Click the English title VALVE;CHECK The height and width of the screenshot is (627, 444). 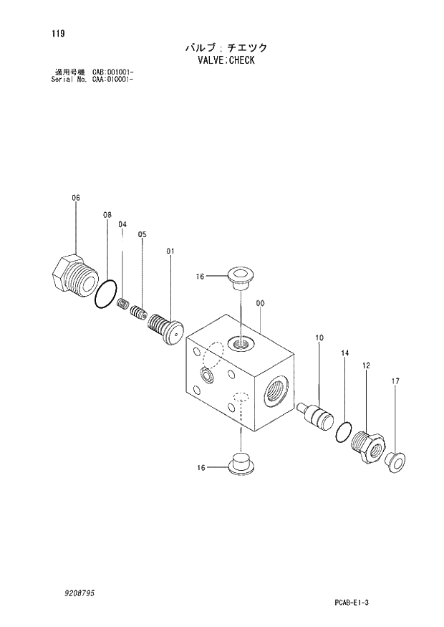tap(224, 60)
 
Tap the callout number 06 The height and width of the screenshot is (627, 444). tap(76, 197)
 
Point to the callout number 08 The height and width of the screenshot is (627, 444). tap(107, 214)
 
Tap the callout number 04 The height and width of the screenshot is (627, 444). tap(122, 224)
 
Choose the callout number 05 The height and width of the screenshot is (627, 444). tap(142, 234)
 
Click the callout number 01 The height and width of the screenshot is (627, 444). tap(170, 251)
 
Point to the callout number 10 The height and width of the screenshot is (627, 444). tap(319, 338)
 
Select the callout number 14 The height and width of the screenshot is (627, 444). tap(344, 353)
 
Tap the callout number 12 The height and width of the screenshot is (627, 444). tap(366, 365)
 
